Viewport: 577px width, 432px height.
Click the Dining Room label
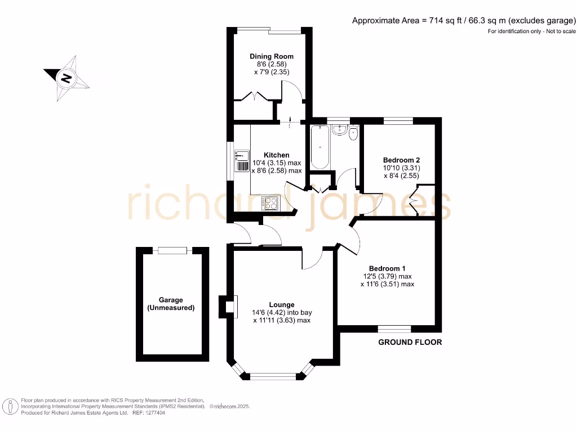pyautogui.click(x=272, y=56)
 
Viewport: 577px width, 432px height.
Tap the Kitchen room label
pyautogui.click(x=277, y=155)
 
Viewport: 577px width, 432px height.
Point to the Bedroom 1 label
pyautogui.click(x=387, y=268)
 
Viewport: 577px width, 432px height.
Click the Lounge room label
pyautogui.click(x=282, y=305)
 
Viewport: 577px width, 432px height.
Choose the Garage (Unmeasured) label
pyautogui.click(x=171, y=304)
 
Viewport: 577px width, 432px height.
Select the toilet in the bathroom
pyautogui.click(x=353, y=133)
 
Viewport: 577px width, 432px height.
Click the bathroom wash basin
pyautogui.click(x=339, y=130)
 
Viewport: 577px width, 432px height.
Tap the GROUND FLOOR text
pyautogui.click(x=410, y=342)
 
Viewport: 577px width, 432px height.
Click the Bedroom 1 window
pyautogui.click(x=394, y=328)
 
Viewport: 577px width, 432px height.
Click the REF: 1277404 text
pyautogui.click(x=148, y=412)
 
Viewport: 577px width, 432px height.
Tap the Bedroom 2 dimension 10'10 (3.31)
pyautogui.click(x=401, y=168)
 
